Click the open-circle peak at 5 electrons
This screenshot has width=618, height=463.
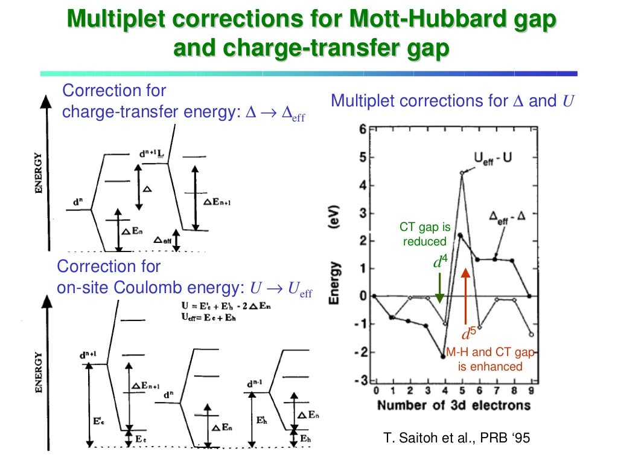(x=462, y=173)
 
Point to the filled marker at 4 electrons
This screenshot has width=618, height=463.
(x=444, y=357)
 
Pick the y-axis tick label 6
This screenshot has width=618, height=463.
(x=362, y=129)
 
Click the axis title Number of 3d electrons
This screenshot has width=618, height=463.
(x=454, y=405)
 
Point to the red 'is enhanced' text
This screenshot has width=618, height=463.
(x=489, y=366)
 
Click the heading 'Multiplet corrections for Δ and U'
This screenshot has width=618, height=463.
(x=452, y=101)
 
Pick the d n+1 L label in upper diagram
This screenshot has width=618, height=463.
(x=151, y=155)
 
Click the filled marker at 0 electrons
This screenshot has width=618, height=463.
(x=375, y=296)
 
